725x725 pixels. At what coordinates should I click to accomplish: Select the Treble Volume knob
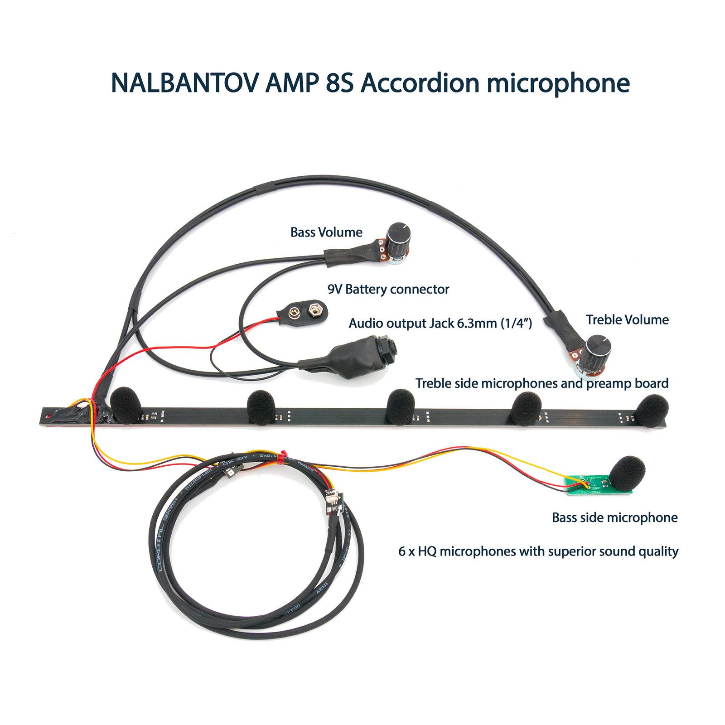pyautogui.click(x=598, y=349)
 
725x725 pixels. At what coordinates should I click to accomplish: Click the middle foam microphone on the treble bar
pyautogui.click(x=401, y=406)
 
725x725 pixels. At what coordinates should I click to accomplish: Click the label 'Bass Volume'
pyautogui.click(x=326, y=232)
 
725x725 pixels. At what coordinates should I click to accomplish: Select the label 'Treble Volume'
pyautogui.click(x=627, y=320)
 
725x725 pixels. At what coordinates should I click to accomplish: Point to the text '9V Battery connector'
pyautogui.click(x=388, y=289)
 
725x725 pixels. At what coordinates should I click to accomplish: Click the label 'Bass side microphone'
pyautogui.click(x=614, y=517)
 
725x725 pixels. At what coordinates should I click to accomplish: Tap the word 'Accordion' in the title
pyautogui.click(x=420, y=83)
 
